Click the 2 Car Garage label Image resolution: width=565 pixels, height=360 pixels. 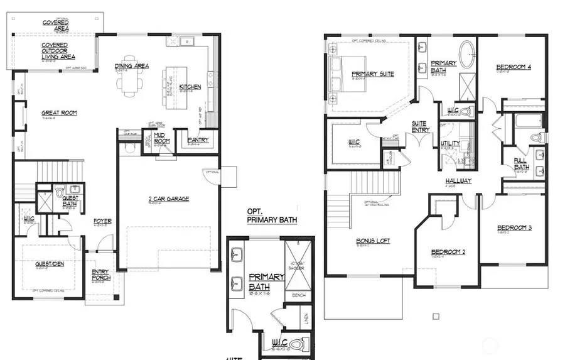click(168, 199)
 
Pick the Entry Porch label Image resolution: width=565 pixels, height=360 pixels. click(100, 274)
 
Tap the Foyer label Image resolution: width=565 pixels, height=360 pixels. click(102, 221)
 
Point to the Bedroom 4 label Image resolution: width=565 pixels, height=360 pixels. click(514, 67)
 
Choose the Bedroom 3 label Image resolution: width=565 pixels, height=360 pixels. click(514, 227)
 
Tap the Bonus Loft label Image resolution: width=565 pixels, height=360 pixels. click(373, 241)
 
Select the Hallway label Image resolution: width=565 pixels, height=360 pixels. click(459, 180)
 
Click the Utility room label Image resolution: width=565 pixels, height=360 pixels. click(450, 143)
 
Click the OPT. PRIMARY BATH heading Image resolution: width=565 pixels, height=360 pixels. click(271, 215)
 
